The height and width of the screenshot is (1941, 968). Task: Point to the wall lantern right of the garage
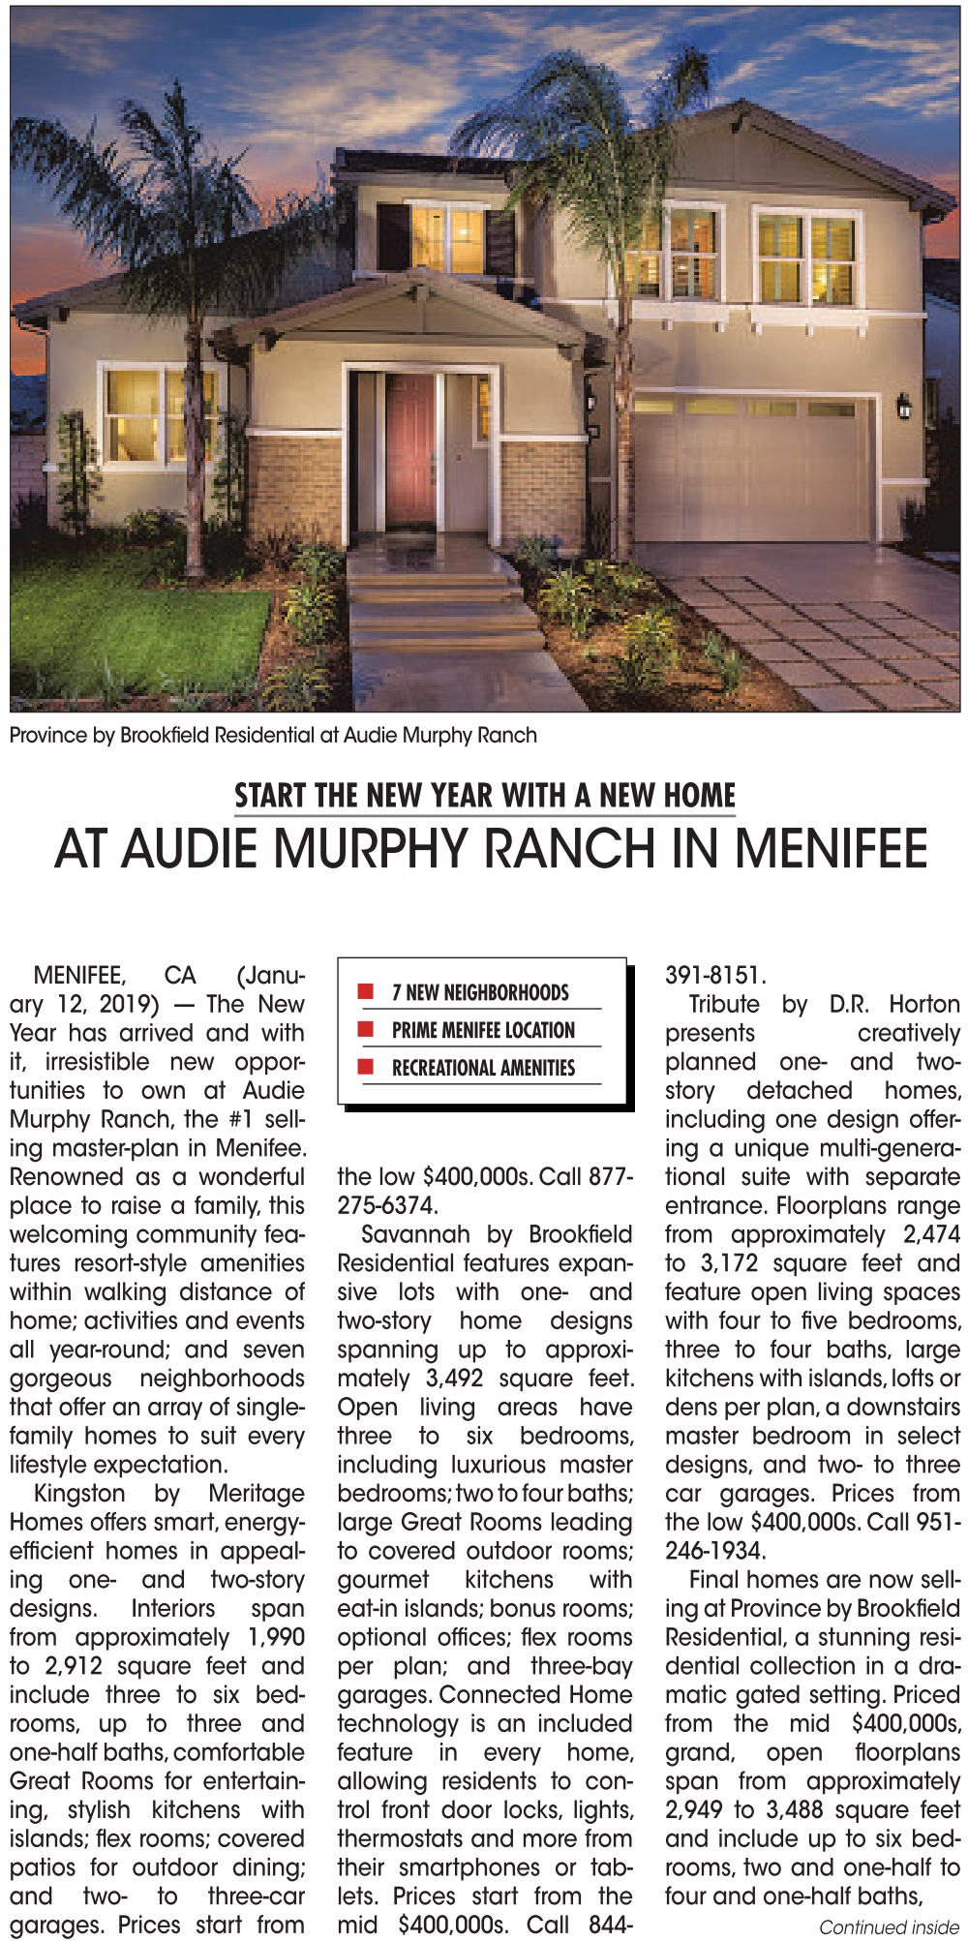[903, 406]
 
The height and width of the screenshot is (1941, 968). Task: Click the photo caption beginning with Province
[273, 735]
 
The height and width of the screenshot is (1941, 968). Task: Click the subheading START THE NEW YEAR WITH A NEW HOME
[485, 796]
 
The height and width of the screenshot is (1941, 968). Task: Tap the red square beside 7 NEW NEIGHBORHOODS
[366, 991]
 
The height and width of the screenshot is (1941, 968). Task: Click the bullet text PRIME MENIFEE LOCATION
[483, 1030]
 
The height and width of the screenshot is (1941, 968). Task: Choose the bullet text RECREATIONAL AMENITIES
[483, 1068]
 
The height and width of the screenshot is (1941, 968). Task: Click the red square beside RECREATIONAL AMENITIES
[366, 1067]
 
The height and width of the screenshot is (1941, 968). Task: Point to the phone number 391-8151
[715, 975]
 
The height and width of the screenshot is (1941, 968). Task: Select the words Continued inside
[889, 1927]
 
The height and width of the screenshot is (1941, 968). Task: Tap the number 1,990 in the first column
[276, 1637]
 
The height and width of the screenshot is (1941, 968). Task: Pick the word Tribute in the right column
[724, 1004]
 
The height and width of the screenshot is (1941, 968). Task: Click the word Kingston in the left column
[79, 1494]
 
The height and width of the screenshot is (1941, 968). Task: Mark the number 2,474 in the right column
[931, 1234]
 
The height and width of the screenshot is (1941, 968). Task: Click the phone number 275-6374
[387, 1205]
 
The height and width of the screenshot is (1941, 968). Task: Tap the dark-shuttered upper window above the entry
[446, 239]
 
